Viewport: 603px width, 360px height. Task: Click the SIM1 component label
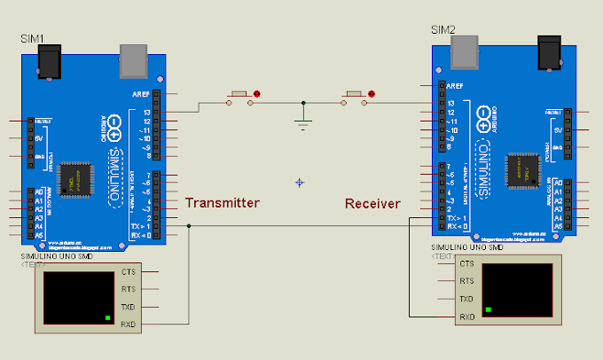point(34,40)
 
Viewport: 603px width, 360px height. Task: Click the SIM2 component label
point(444,30)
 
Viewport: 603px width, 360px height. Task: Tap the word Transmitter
point(223,203)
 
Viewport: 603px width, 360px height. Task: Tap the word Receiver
point(372,204)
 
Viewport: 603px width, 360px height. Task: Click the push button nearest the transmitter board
point(239,95)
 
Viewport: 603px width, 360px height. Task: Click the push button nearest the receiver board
point(354,95)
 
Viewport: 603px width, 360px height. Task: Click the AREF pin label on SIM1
point(139,94)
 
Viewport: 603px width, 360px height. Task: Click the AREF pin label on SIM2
point(456,86)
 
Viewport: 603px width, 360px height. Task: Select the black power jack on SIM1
point(49,61)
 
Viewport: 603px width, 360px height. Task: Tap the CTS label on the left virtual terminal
point(129,272)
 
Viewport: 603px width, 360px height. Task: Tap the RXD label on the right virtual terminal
point(466,317)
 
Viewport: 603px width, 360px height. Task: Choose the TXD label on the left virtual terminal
point(129,306)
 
